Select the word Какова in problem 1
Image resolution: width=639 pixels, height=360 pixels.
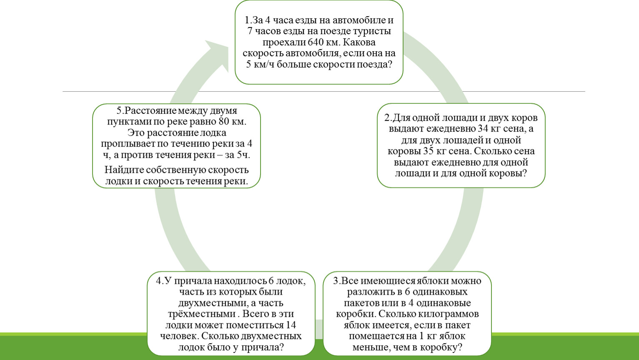coord(359,42)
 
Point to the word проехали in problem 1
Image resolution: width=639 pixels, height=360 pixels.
coord(283,42)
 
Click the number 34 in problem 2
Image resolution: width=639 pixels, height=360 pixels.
coord(483,129)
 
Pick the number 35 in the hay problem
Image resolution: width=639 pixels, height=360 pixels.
coord(428,151)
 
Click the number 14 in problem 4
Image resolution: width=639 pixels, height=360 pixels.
coord(291,325)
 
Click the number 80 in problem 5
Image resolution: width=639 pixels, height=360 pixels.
coord(224,122)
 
